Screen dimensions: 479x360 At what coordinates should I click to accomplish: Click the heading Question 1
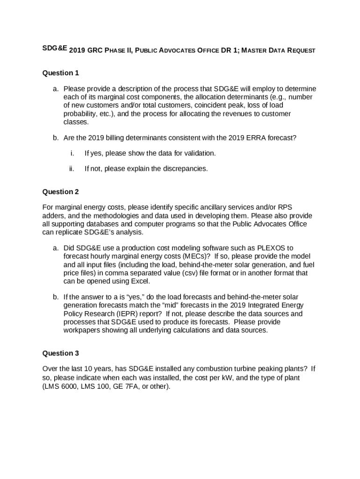(60, 73)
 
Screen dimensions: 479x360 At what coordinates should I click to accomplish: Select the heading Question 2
(60, 192)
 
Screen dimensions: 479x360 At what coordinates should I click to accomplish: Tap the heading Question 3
(60, 353)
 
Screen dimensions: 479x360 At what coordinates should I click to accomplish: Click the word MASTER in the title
(256, 51)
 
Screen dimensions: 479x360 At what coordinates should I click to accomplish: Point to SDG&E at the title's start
(55, 49)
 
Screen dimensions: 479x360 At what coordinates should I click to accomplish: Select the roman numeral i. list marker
(72, 153)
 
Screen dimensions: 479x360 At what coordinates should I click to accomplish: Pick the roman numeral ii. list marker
(72, 168)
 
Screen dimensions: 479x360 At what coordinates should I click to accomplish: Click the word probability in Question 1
(80, 114)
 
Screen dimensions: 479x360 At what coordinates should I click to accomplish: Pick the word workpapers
(83, 330)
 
